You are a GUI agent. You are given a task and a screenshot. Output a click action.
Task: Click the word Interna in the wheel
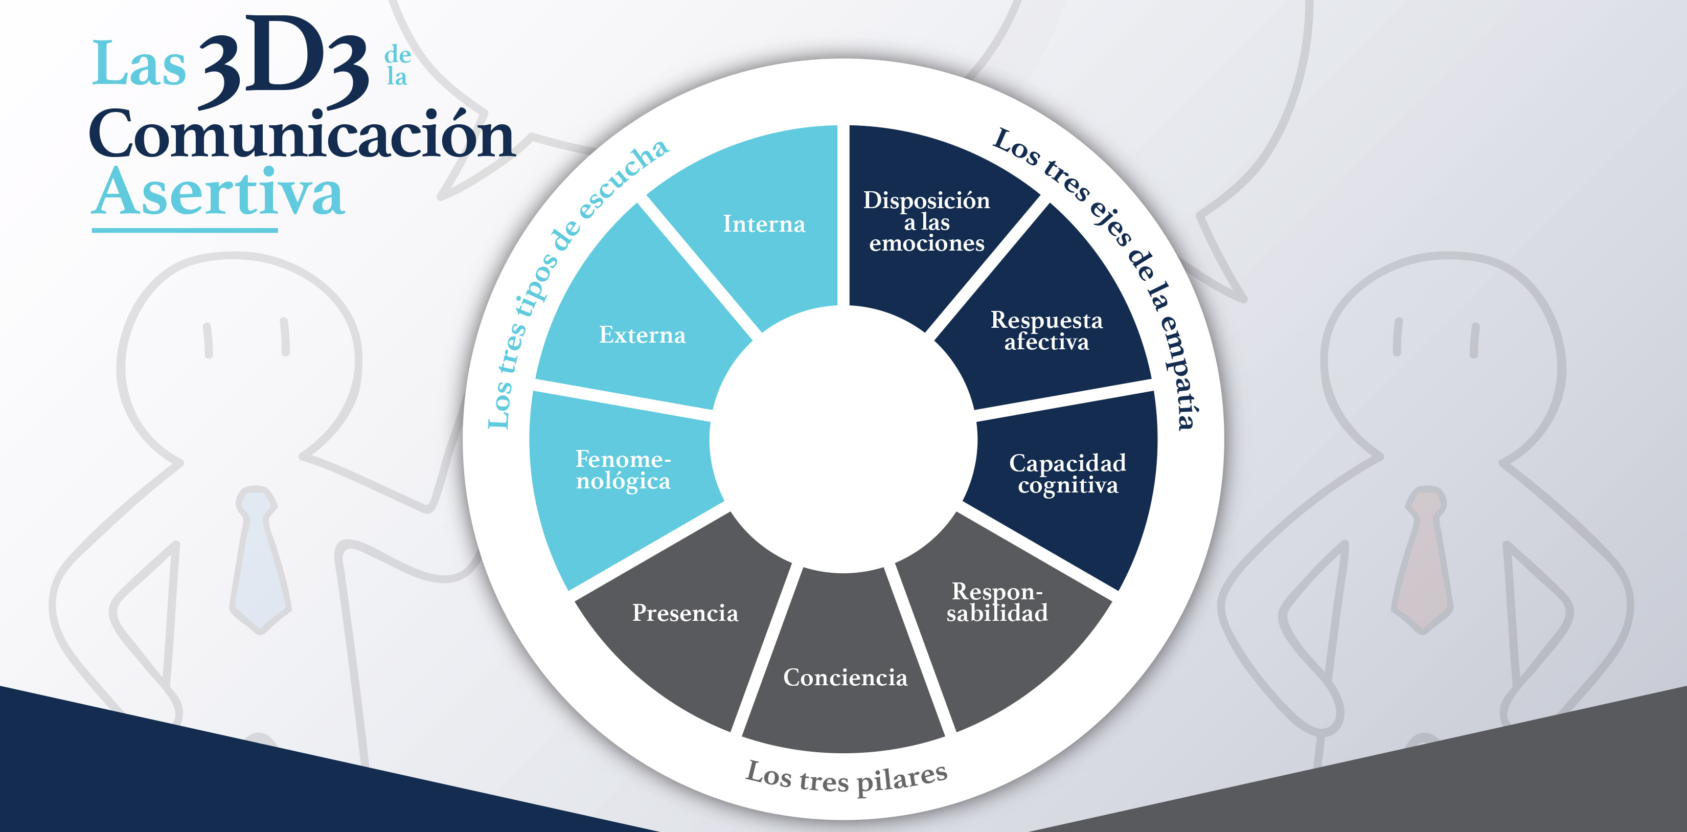point(764,224)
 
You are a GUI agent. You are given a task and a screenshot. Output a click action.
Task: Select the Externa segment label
point(643,335)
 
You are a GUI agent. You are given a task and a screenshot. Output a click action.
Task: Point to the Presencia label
point(685,613)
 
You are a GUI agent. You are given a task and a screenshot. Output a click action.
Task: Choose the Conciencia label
point(846,678)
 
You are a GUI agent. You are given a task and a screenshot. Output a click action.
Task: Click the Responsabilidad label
point(997,601)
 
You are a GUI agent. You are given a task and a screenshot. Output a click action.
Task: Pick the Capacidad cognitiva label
point(1067,474)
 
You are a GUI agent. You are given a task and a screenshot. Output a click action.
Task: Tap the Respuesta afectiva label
point(1046,331)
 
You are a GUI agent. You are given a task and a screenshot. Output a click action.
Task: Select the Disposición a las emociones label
point(927,221)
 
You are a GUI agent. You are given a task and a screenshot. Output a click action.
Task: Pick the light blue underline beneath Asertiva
point(185,230)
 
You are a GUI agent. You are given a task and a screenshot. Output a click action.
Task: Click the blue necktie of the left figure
point(261,559)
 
